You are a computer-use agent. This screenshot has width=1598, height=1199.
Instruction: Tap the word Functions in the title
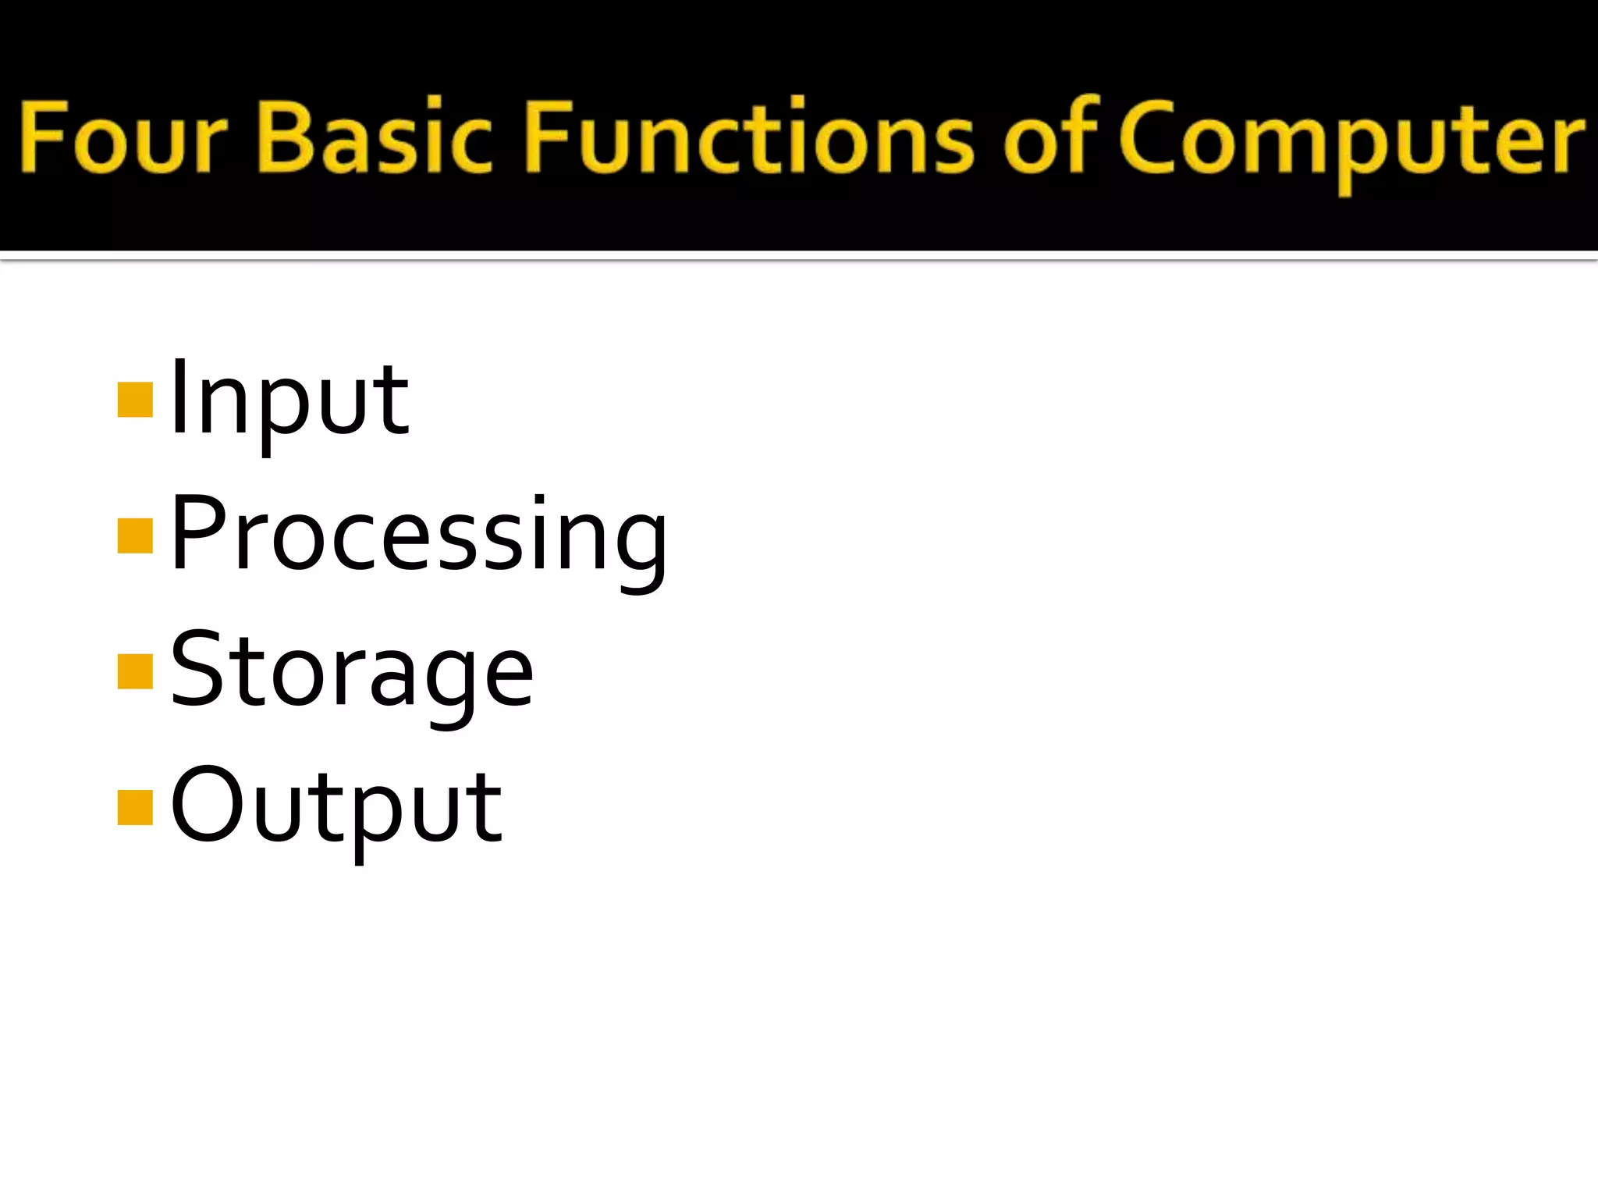tap(749, 137)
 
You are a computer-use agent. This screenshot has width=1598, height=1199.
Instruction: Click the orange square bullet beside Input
tap(134, 400)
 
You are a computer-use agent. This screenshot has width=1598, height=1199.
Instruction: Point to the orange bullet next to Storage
tap(134, 672)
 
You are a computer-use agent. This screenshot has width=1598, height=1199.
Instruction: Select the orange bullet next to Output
tap(134, 807)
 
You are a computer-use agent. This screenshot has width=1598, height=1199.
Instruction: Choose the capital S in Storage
tap(199, 669)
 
